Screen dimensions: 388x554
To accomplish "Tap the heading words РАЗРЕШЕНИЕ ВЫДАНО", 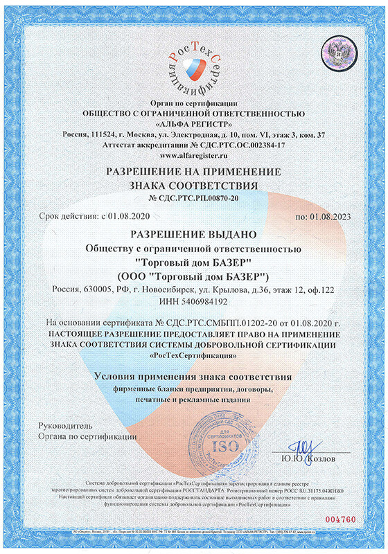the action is [x=193, y=235].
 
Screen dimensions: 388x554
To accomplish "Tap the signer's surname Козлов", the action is [x=322, y=458].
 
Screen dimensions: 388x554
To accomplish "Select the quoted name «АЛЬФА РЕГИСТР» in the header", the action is [x=193, y=123].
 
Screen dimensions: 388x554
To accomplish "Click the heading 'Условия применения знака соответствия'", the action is [x=193, y=377].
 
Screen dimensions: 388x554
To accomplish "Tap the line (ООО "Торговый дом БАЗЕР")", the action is [x=193, y=275].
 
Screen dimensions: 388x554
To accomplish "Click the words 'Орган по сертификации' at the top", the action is [x=193, y=102].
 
